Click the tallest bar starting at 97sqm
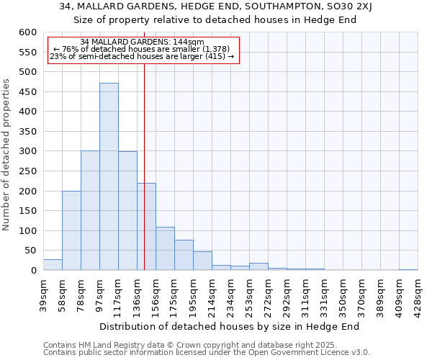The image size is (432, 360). [x=109, y=176]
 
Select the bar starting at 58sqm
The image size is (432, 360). [x=71, y=230]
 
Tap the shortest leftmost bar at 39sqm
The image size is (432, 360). [x=53, y=265]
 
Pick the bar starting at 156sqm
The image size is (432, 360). [x=165, y=248]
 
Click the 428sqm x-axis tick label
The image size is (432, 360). [x=418, y=293]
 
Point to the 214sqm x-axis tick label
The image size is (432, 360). [x=212, y=293]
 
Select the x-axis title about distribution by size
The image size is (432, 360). [x=229, y=326]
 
